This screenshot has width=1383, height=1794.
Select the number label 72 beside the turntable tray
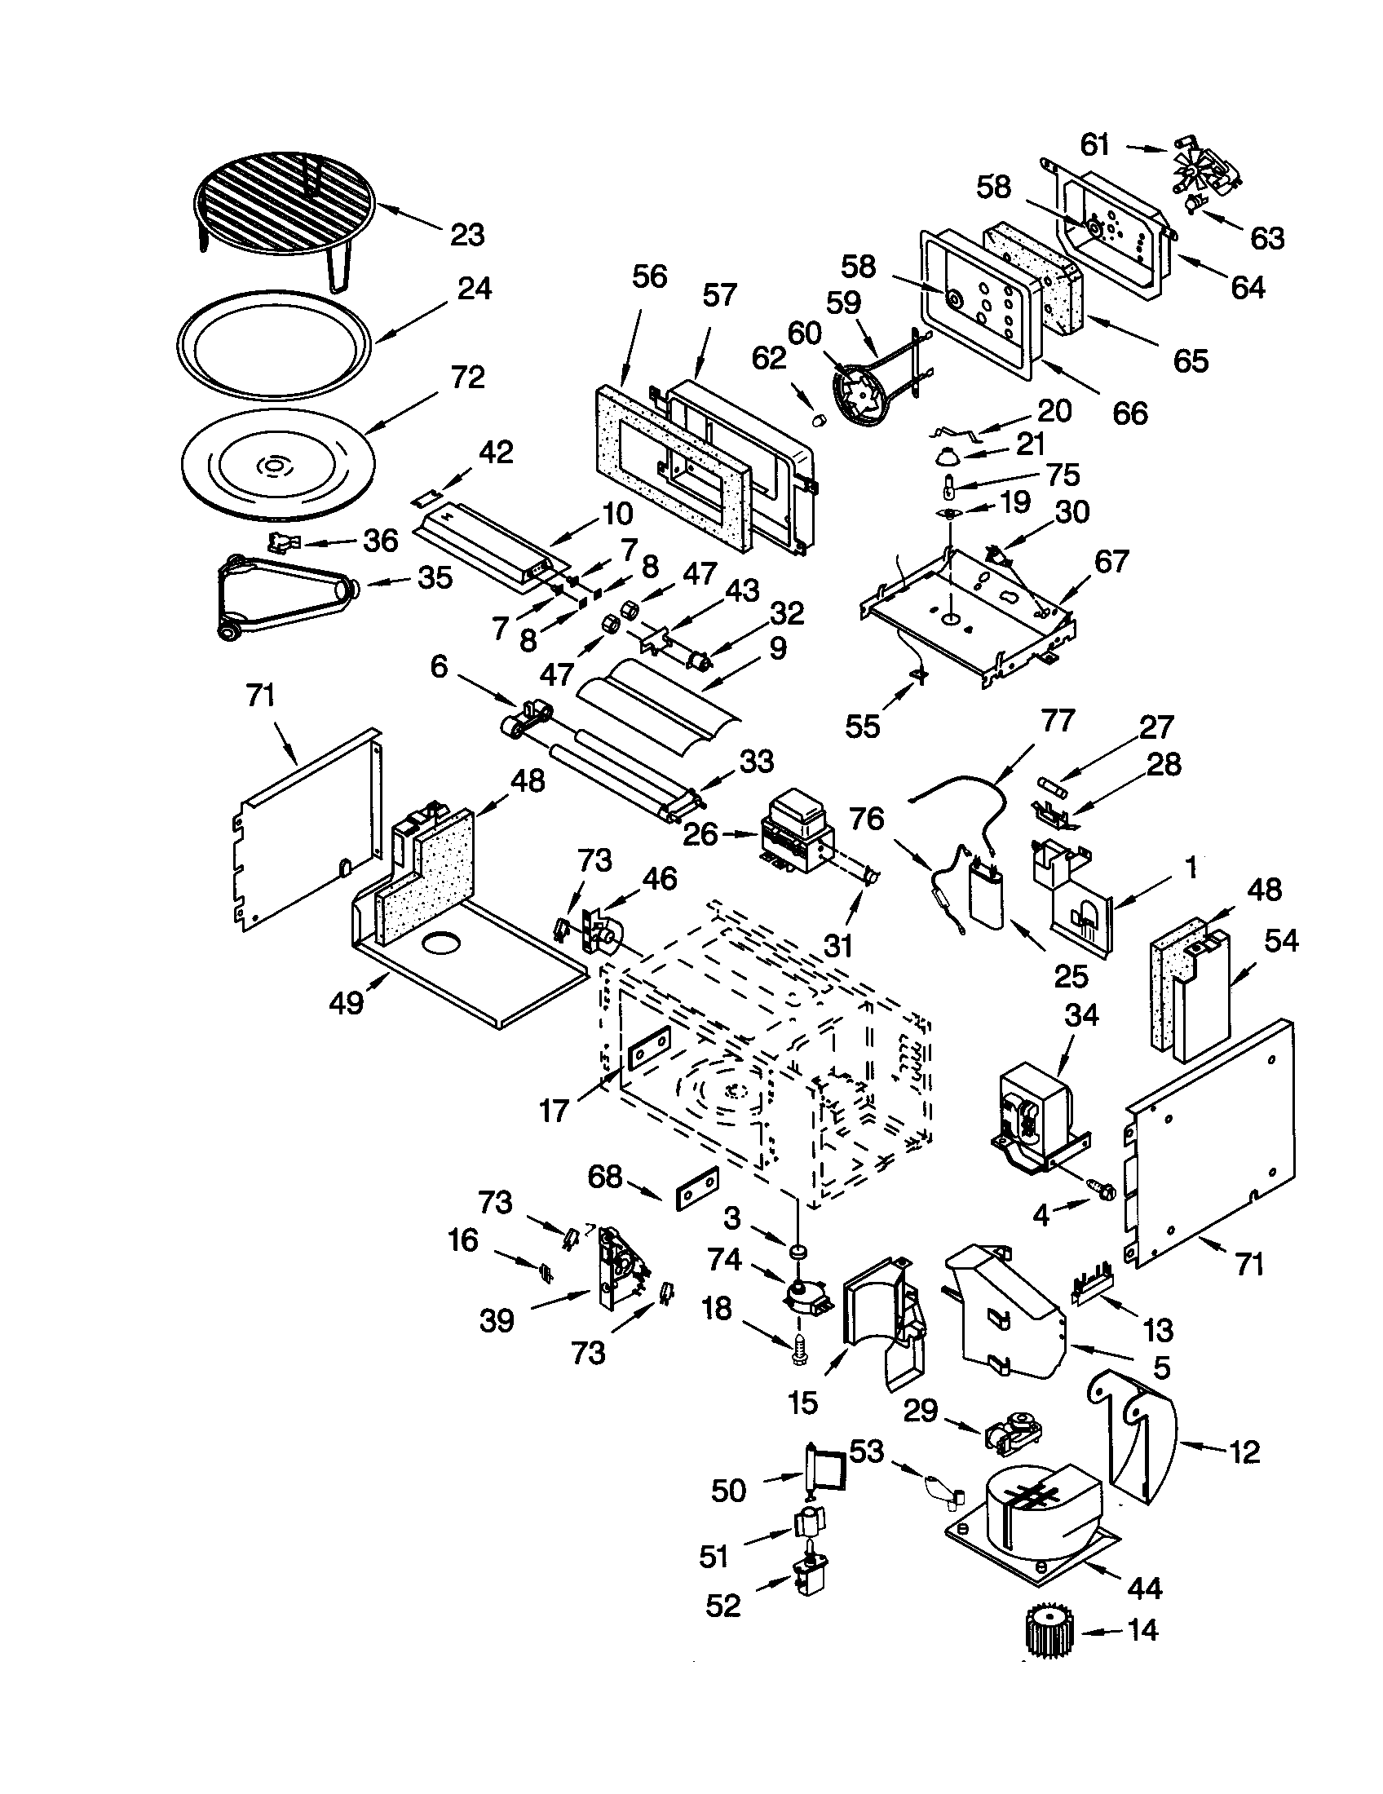[467, 378]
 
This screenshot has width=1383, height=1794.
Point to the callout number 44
[1144, 1589]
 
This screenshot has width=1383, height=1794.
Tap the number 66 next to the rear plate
[1129, 413]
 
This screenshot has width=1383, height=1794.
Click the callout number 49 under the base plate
[346, 1002]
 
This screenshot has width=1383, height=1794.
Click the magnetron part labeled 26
[798, 832]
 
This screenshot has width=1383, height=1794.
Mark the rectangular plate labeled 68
[697, 1191]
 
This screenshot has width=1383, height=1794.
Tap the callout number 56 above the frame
[649, 277]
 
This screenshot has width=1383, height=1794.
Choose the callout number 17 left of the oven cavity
[554, 1111]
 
